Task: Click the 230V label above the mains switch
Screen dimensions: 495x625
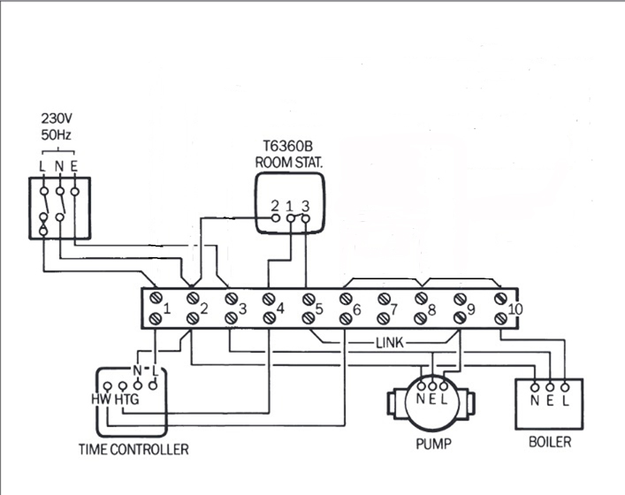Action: [x=58, y=118]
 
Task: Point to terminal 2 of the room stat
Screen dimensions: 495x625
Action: [x=276, y=206]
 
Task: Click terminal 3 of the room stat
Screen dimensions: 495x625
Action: [x=305, y=206]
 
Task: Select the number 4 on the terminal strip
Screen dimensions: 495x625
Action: [x=279, y=308]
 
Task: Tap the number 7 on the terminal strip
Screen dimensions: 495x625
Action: [x=393, y=309]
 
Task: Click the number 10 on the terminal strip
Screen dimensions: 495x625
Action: [x=515, y=309]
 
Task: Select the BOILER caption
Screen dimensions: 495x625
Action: [x=549, y=441]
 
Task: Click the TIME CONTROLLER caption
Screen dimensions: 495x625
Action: [x=133, y=450]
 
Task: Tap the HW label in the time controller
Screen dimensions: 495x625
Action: [x=100, y=399]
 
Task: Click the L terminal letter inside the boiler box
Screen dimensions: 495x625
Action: [x=564, y=400]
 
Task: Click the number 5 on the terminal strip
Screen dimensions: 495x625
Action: [x=318, y=309]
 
